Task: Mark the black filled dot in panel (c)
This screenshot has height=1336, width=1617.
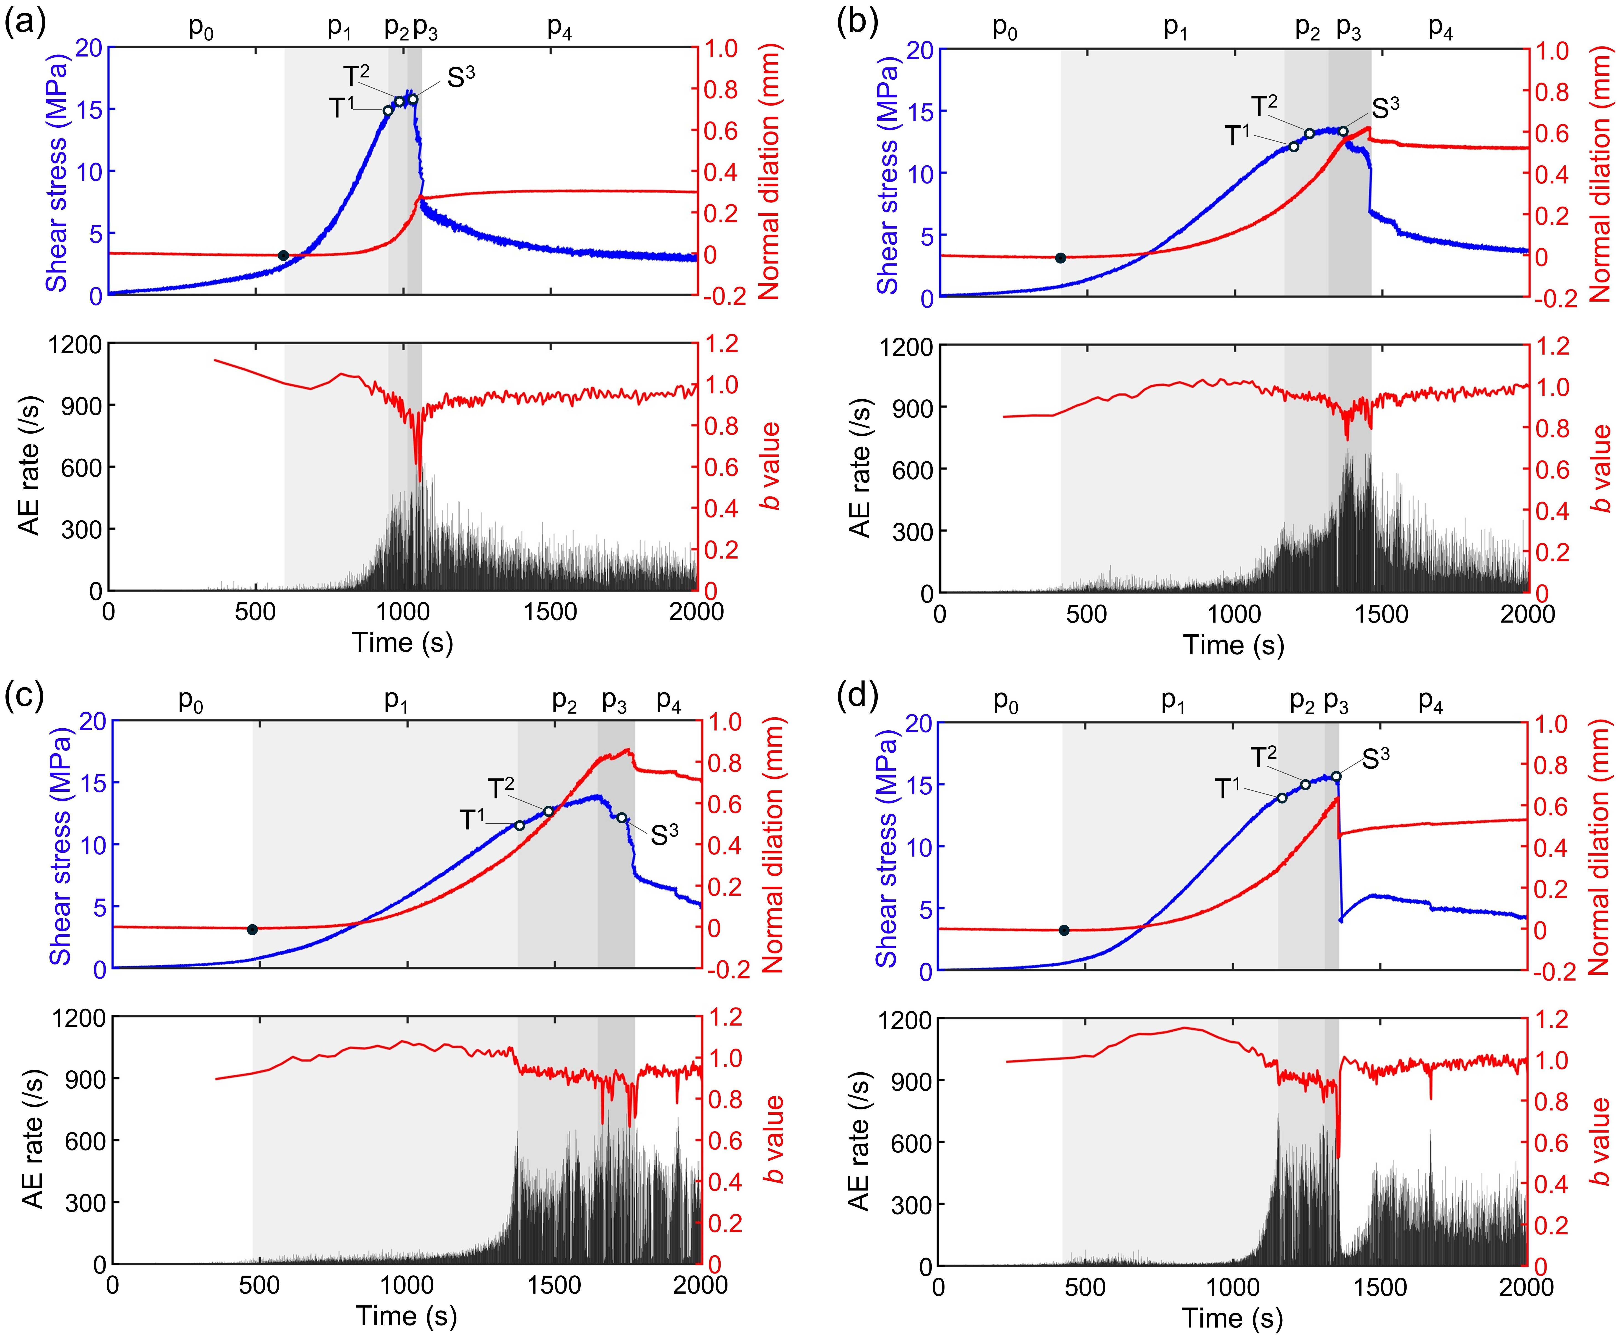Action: click(x=252, y=930)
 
